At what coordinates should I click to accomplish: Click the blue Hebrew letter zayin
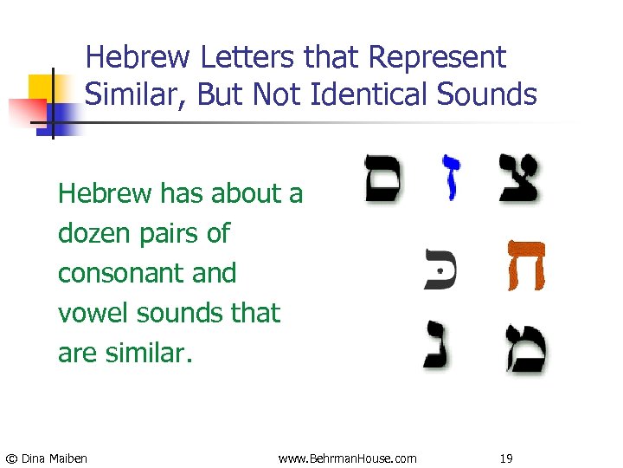(452, 177)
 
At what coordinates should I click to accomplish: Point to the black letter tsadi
(521, 179)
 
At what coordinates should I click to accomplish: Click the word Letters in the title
(250, 58)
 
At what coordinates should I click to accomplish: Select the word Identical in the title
(349, 94)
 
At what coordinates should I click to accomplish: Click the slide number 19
(506, 458)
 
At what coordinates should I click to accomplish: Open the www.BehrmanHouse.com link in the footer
(347, 458)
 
